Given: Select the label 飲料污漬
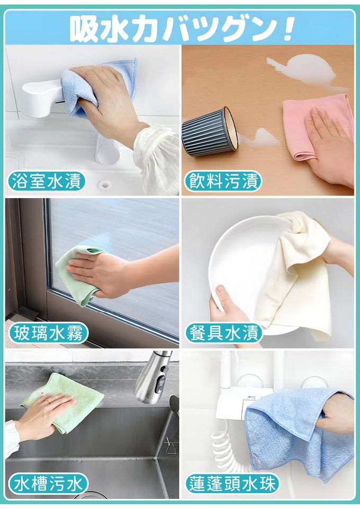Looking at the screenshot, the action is tap(223, 181).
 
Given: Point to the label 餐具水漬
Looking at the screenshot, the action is tap(224, 333).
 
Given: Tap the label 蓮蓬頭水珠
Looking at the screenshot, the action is tap(232, 484).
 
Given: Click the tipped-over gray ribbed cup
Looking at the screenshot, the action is tap(210, 132).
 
